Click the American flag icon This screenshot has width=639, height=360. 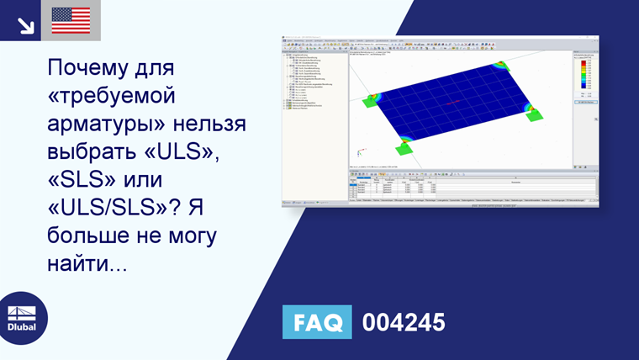pyautogui.click(x=71, y=20)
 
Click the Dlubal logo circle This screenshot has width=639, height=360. pyautogui.click(x=23, y=317)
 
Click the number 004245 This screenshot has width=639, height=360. pyautogui.click(x=403, y=323)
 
